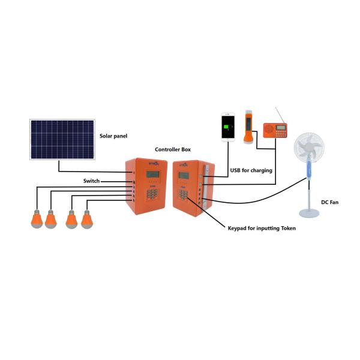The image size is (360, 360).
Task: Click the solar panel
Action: pyautogui.click(x=62, y=139)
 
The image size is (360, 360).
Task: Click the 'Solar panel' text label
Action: pyautogui.click(x=113, y=136)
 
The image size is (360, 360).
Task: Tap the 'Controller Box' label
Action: pyautogui.click(x=173, y=149)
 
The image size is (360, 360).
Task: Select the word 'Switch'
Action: pyautogui.click(x=91, y=181)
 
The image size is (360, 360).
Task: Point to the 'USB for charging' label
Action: pyautogui.click(x=251, y=170)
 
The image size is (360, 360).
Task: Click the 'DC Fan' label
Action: pyautogui.click(x=330, y=203)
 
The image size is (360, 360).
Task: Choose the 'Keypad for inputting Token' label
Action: pyautogui.click(x=262, y=228)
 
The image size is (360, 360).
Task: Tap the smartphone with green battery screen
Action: pyautogui.click(x=228, y=127)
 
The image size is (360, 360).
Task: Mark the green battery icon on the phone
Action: pyautogui.click(x=228, y=127)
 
